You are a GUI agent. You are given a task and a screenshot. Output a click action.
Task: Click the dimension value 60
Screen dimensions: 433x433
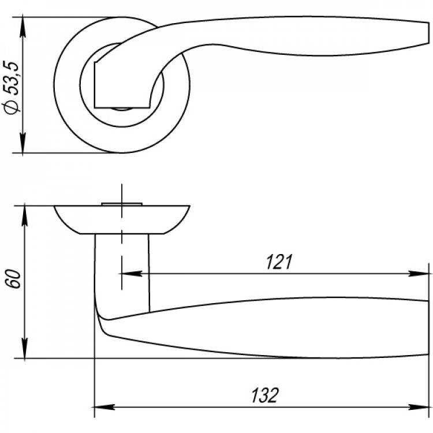tap(13, 279)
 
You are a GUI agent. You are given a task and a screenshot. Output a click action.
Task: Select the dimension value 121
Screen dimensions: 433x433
tap(279, 262)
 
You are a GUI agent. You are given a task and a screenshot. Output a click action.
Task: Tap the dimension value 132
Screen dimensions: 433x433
tap(264, 395)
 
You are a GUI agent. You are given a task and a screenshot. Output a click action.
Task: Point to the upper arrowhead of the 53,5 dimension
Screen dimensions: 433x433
tap(23, 27)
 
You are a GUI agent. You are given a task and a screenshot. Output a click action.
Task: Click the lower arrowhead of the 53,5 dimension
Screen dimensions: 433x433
tap(23, 143)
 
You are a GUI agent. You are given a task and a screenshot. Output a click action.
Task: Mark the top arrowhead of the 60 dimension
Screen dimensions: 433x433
tap(25, 216)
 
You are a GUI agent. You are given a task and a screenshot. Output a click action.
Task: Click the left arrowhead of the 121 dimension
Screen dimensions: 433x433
tap(132, 274)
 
